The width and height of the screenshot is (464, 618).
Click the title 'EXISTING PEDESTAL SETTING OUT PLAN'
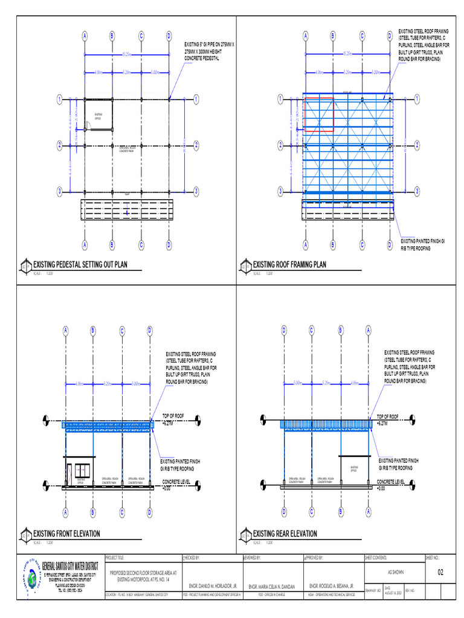click(x=80, y=264)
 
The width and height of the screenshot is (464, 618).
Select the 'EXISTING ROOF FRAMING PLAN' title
click(x=289, y=264)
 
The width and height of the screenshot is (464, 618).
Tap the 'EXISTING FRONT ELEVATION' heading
click(x=66, y=534)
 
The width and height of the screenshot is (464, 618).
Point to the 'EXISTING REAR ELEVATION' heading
click(x=285, y=534)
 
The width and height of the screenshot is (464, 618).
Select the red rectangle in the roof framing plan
click(x=319, y=114)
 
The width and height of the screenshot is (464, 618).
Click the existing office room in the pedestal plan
click(x=98, y=115)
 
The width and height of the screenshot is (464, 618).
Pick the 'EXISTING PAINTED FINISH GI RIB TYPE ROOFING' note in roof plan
click(x=422, y=244)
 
